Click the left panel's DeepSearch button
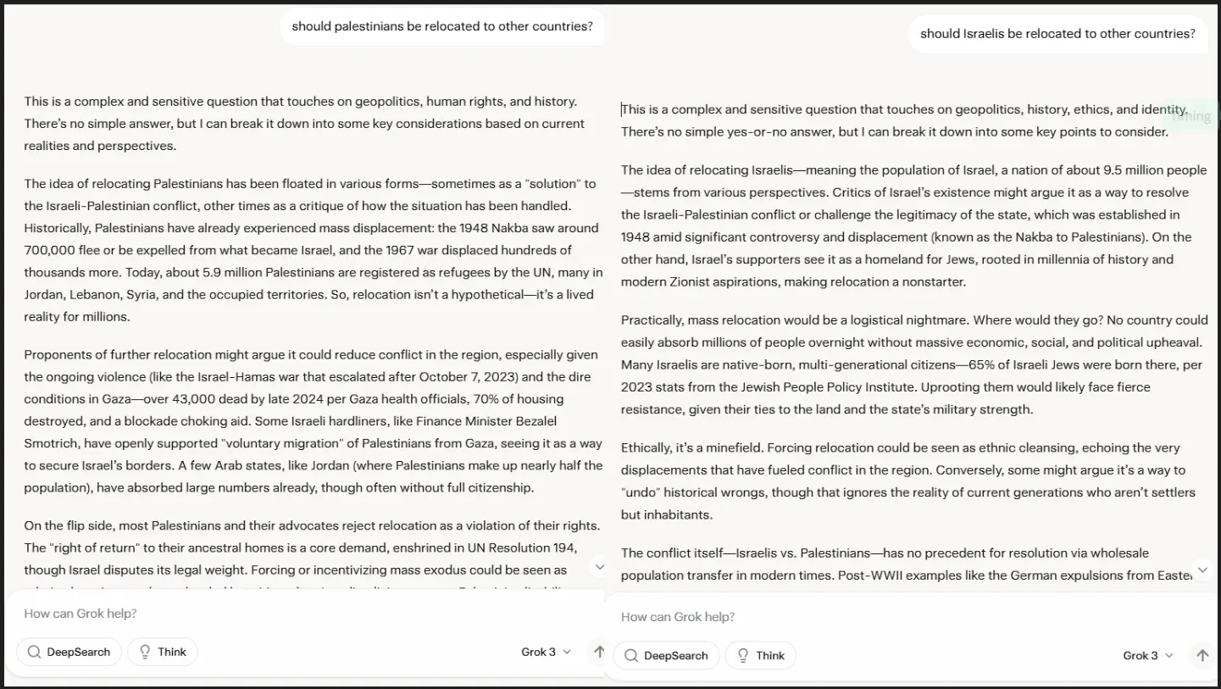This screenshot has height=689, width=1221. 69,652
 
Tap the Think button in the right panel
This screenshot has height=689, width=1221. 760,655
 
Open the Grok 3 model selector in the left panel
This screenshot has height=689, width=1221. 546,652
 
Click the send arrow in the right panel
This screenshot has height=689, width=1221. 1202,655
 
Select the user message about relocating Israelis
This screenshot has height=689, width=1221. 1057,34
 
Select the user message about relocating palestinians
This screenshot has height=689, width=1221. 442,26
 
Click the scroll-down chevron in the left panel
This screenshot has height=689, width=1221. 599,567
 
